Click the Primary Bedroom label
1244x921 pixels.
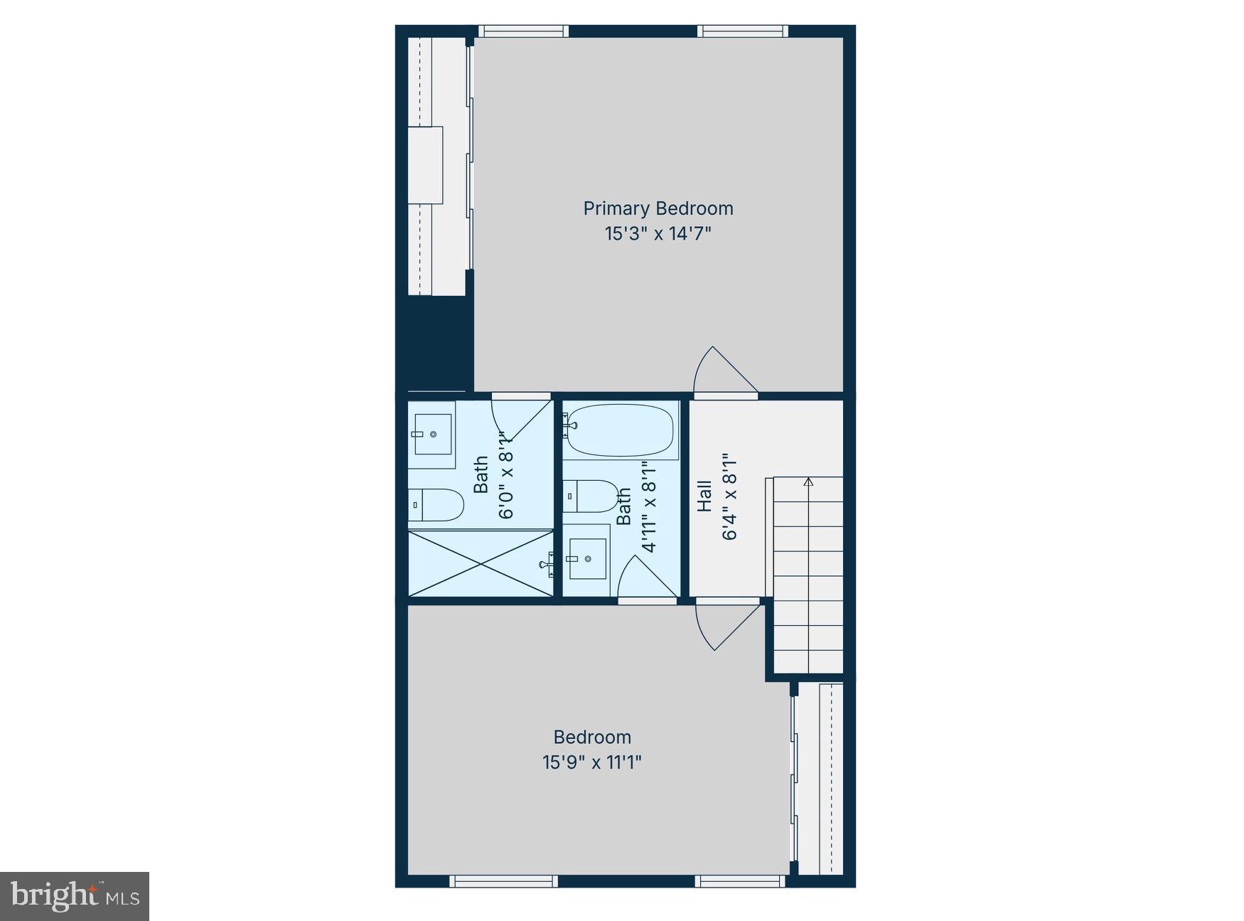point(658,208)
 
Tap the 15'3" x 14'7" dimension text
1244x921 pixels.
point(658,233)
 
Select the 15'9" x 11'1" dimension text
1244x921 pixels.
point(592,762)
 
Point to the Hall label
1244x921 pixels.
point(704,496)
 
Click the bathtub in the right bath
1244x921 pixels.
point(620,430)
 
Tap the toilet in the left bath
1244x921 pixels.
point(436,504)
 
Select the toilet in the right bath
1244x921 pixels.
point(591,496)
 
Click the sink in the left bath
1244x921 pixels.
point(432,434)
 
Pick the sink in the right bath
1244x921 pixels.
point(587,559)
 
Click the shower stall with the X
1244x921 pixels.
point(481,563)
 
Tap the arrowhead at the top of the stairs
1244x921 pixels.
point(808,482)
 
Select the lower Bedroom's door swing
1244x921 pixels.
point(725,624)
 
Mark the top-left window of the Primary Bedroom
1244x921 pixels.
point(524,31)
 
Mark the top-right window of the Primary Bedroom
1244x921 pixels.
point(743,31)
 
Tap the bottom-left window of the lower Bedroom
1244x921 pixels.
point(503,882)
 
